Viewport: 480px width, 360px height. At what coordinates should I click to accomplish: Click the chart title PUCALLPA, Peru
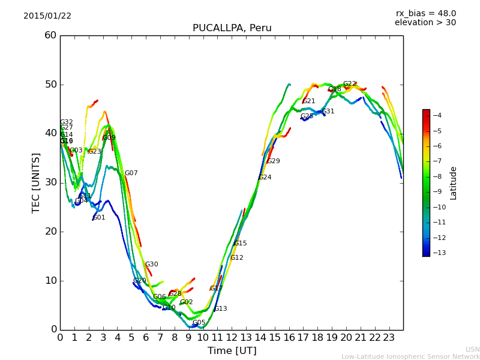[232, 28]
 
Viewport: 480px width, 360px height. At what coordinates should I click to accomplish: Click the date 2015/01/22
[47, 16]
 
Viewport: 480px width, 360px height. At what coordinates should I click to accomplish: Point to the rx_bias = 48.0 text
[425, 13]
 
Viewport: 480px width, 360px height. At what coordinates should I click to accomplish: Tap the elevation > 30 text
[425, 23]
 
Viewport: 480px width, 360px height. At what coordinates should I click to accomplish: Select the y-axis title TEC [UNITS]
[36, 182]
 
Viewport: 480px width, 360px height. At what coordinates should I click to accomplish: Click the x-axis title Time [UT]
[232, 351]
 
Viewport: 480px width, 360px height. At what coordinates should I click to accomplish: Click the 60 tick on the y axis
[50, 35]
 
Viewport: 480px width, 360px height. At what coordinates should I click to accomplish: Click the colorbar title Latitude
[454, 182]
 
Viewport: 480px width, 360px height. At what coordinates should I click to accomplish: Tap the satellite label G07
[131, 173]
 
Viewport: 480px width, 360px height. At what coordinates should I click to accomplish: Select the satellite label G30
[151, 265]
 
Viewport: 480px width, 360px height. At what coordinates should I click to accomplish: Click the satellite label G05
[199, 323]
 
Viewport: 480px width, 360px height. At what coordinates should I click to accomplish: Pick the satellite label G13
[220, 309]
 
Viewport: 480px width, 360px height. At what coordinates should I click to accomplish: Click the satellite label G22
[349, 84]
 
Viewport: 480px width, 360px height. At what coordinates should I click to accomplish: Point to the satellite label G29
[273, 161]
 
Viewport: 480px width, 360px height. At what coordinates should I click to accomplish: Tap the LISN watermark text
[472, 349]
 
